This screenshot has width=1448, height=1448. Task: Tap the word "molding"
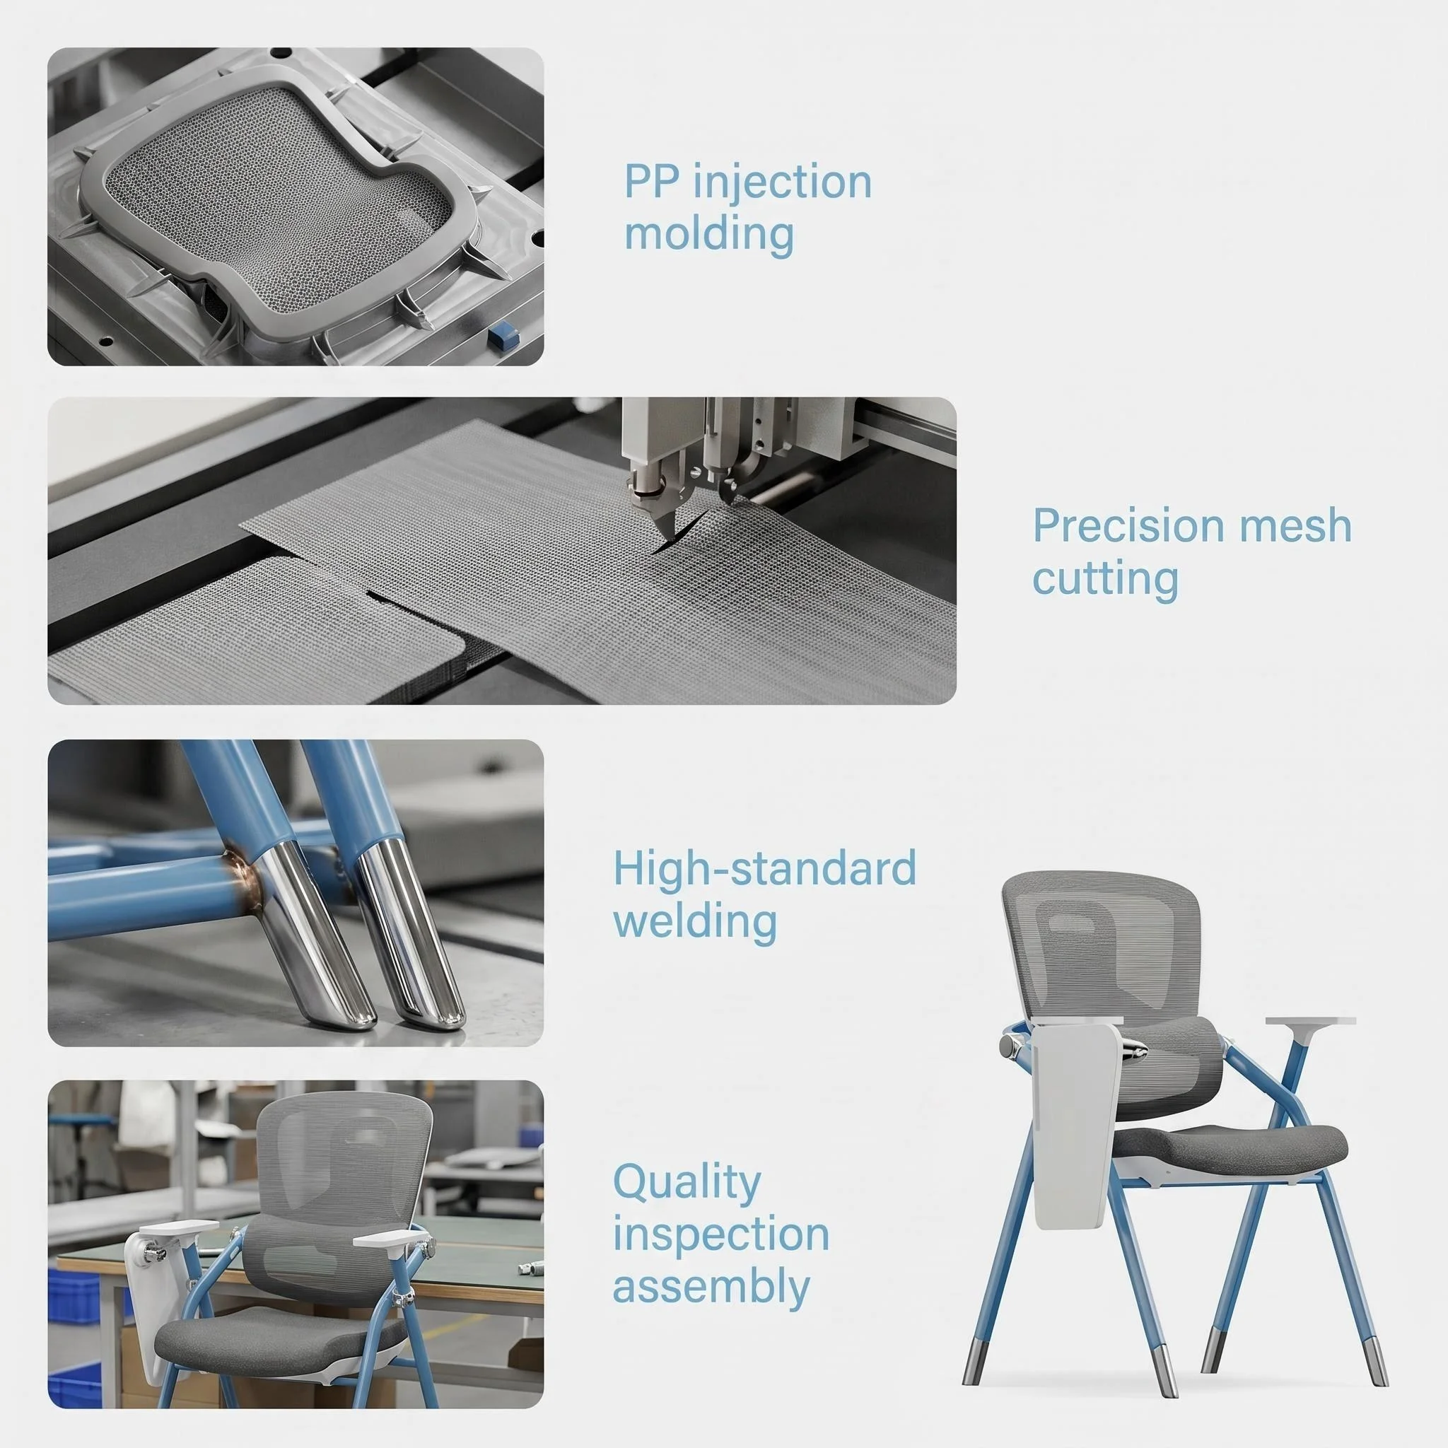[709, 234]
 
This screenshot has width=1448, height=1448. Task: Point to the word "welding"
[695, 921]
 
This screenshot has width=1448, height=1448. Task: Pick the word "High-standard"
[764, 868]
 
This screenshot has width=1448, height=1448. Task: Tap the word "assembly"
[711, 1288]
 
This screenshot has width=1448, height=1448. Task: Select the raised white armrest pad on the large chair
[1311, 1022]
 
